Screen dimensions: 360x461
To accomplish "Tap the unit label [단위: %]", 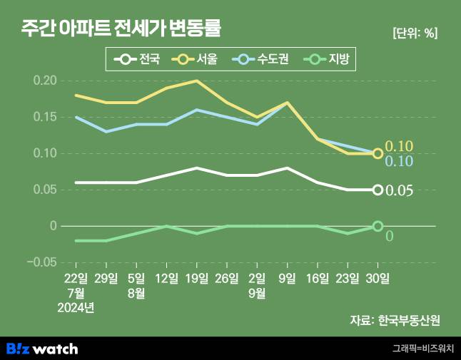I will coord(415,33).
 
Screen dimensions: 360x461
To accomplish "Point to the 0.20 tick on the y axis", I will coord(44,81).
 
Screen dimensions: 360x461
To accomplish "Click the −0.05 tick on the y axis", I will coord(41,262).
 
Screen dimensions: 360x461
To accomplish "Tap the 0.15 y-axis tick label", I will coord(44,117).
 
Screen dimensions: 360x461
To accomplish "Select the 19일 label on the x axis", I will coord(197,278).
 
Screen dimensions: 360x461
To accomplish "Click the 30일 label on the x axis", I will coord(378,278).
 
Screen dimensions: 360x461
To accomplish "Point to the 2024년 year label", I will coord(76,308).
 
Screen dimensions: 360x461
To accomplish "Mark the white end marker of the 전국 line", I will coord(378,190).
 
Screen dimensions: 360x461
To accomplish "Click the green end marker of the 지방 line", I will coord(378,226).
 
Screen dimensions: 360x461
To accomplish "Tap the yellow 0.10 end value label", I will coord(399,147).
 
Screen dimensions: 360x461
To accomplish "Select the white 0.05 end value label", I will coord(399,190).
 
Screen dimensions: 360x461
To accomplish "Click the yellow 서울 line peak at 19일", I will coord(197,81).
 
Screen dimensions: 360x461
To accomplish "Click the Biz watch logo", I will coord(42,349).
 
